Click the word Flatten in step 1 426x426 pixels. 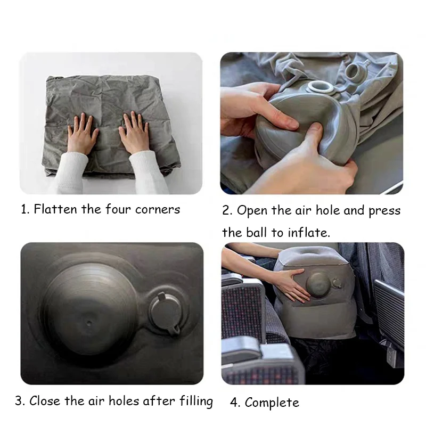[55, 209]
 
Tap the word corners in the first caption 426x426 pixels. [158, 210]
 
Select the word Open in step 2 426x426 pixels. [252, 211]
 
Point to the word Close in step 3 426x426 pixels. [45, 401]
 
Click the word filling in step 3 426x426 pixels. [195, 402]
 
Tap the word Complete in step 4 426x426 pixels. [272, 403]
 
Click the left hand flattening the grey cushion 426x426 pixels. [81, 133]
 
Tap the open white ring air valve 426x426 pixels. [321, 88]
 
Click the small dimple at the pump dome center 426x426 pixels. [89, 323]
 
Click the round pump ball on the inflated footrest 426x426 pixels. [318, 285]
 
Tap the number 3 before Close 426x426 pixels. [19, 401]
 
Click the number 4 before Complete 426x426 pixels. [234, 403]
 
